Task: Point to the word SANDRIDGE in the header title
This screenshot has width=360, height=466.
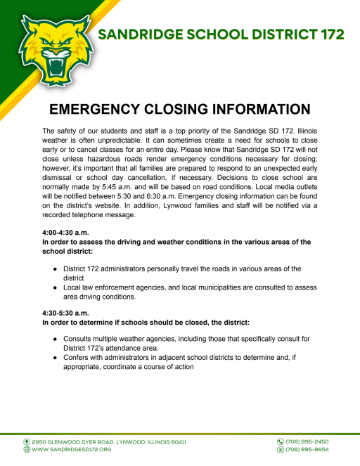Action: tap(144, 35)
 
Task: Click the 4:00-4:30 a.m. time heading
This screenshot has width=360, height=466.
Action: tap(70, 231)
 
